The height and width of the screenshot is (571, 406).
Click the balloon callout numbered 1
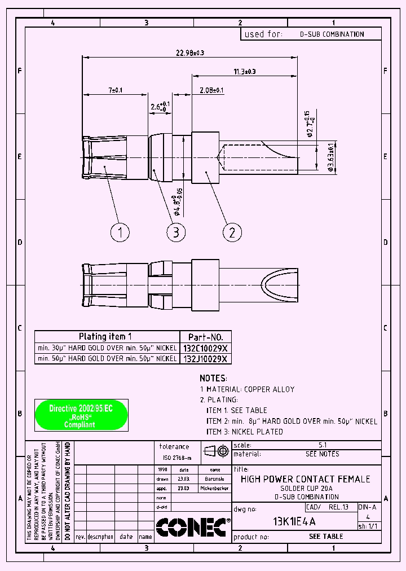[120, 232]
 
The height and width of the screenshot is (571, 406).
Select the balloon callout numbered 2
[232, 232]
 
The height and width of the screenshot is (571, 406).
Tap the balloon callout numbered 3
[176, 232]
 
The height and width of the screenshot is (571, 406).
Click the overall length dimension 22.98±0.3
[190, 52]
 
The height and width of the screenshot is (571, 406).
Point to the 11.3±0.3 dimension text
[244, 72]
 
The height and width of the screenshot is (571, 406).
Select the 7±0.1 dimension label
[115, 90]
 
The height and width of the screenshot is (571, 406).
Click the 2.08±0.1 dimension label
[211, 90]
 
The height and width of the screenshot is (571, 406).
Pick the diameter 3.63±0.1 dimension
[330, 156]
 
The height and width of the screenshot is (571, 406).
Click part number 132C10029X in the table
[205, 348]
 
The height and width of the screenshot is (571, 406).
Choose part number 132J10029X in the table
[205, 359]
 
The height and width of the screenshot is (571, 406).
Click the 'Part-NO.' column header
[205, 336]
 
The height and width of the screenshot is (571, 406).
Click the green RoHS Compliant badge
[81, 415]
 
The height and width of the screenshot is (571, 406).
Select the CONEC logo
[191, 528]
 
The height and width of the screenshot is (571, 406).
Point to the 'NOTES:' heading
[213, 378]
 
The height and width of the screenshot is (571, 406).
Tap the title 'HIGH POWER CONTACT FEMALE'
[305, 479]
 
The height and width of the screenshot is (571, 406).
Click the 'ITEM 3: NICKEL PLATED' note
[244, 432]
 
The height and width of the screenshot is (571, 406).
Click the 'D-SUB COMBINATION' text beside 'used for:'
[332, 34]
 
